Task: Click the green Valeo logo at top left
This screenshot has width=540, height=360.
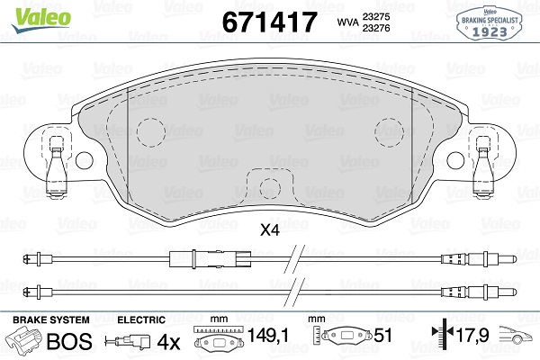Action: (x=41, y=19)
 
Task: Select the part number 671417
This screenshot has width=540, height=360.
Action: (x=269, y=22)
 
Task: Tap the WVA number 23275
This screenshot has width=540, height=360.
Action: (x=376, y=16)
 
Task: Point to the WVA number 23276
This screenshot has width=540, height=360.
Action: (x=376, y=28)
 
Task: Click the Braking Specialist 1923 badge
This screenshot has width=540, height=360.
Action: (x=490, y=23)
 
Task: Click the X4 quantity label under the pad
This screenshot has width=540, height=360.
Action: (x=270, y=230)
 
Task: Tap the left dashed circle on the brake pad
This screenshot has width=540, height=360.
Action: (x=151, y=132)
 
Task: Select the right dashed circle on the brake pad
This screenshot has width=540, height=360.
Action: (x=390, y=132)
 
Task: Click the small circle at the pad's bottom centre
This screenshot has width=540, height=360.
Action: (x=270, y=189)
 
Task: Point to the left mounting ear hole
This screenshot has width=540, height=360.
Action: (x=85, y=160)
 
